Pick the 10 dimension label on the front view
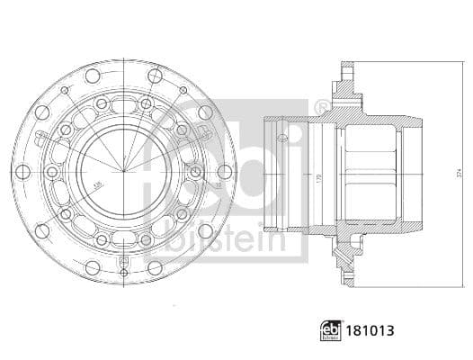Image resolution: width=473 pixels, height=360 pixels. tap(217, 186)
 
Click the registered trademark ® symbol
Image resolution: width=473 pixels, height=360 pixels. tap(321, 109)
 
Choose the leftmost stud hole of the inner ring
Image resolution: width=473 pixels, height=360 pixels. tap(53, 171)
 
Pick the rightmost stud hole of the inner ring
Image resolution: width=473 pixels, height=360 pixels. tap(194, 171)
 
